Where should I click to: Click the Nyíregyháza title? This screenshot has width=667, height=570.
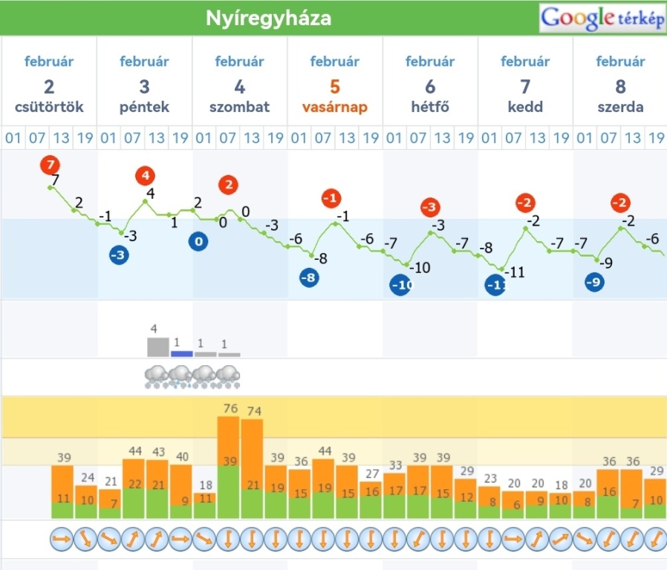point(268,19)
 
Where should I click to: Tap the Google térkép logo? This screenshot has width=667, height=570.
point(602,19)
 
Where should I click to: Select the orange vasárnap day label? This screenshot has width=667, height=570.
point(334,107)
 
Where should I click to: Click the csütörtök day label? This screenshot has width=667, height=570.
point(49,107)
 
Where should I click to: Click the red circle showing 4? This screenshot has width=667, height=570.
point(146,177)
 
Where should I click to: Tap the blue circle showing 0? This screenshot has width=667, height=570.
point(198,241)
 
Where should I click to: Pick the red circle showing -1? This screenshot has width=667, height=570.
point(332,198)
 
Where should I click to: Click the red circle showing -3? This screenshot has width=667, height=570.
point(430,208)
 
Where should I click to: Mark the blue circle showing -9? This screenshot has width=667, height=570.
point(593,282)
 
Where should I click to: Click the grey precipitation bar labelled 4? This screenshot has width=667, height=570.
point(157,347)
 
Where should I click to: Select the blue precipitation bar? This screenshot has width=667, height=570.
point(181,354)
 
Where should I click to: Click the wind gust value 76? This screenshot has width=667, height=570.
point(229,409)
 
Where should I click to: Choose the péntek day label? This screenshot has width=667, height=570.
point(145,107)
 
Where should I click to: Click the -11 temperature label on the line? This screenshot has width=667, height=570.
point(513,272)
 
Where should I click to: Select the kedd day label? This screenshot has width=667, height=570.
point(525,107)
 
